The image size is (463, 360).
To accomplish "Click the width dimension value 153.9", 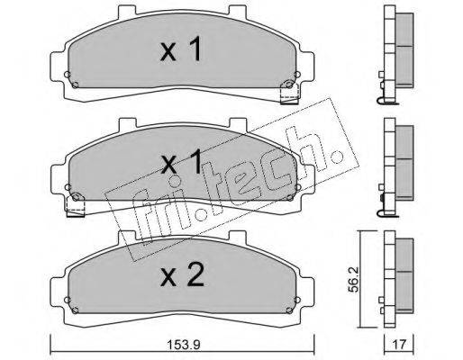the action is (x=183, y=345).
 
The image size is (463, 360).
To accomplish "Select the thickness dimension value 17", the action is (x=399, y=345).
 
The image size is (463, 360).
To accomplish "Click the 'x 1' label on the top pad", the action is (x=181, y=49).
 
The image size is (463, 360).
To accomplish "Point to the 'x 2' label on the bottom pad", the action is (x=182, y=274).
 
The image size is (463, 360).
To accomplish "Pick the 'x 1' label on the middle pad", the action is (x=181, y=162).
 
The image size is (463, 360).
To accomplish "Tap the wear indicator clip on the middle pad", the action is (x=76, y=204).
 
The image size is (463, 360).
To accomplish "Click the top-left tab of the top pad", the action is (x=128, y=10).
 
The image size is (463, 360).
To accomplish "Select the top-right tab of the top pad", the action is (x=238, y=11).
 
